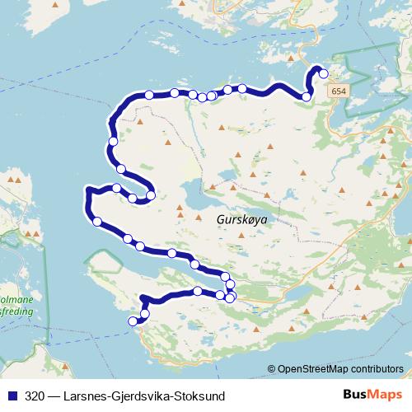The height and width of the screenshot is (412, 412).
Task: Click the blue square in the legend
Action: tap(12, 396)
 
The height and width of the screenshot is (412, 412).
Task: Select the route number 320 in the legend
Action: tap(35, 396)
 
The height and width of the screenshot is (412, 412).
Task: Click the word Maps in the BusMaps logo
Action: tap(386, 396)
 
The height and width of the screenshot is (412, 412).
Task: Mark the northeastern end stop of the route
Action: tap(323, 74)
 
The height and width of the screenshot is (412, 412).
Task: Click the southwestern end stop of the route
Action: tap(133, 321)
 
